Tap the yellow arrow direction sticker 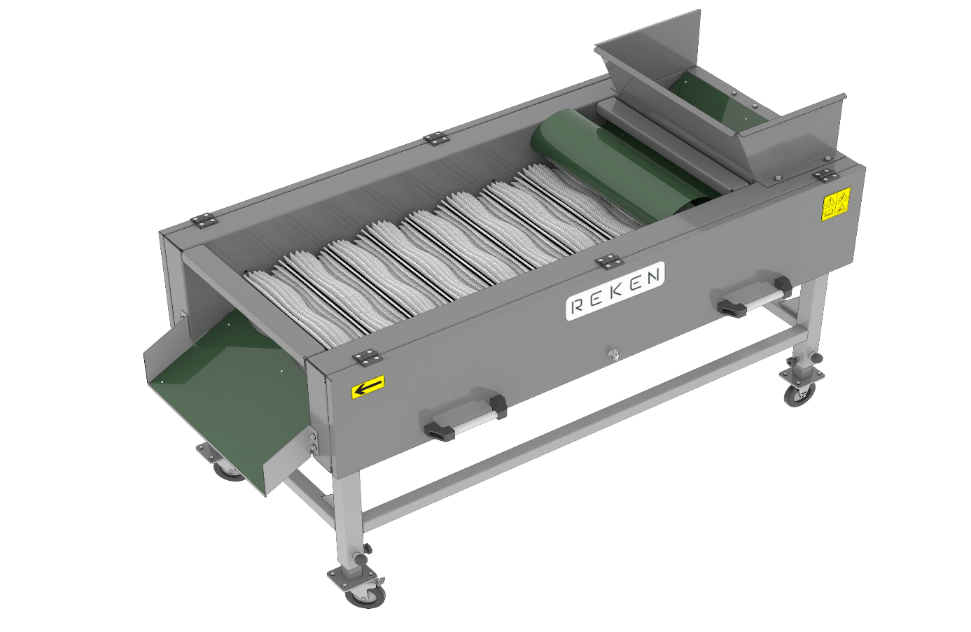[368, 386]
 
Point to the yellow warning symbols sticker [837, 203]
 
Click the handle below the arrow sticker [465, 417]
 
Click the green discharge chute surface [234, 390]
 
